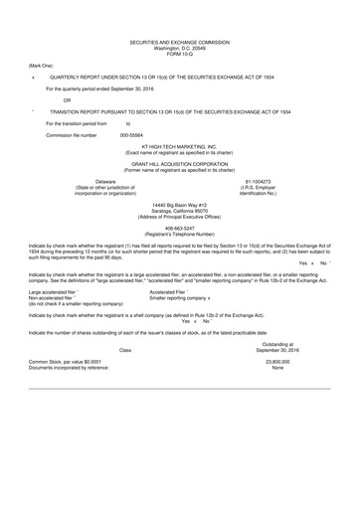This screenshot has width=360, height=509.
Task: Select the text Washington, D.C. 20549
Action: [179, 47]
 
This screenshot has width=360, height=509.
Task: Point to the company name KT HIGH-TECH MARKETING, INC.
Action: [179, 146]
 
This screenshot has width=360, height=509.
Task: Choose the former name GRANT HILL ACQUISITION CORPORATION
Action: [179, 163]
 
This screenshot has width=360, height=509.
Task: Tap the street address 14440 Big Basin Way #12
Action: [179, 203]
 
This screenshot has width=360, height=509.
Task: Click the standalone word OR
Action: [67, 100]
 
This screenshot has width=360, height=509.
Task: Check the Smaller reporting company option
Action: [186, 297]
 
